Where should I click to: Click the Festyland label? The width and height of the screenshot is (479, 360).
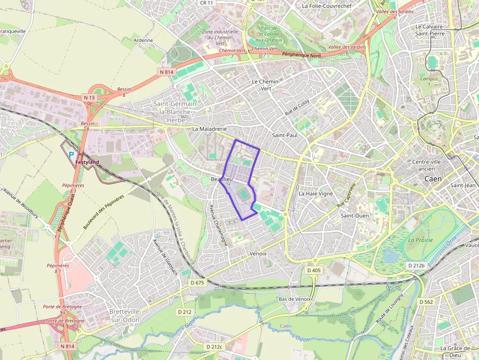(x=87, y=162)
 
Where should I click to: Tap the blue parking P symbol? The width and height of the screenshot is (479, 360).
(x=71, y=155)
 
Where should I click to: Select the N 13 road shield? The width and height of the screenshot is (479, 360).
(x=89, y=98)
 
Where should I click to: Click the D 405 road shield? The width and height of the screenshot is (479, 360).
(x=314, y=270)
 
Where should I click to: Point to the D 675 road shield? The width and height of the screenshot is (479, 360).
(x=197, y=282)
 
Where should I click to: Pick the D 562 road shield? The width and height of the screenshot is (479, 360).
(x=426, y=302)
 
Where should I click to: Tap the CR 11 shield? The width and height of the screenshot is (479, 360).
(x=207, y=3)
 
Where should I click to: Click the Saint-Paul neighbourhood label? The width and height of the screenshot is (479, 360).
(x=284, y=135)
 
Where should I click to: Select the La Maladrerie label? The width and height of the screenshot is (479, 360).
(x=210, y=129)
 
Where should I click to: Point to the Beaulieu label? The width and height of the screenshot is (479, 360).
(x=221, y=180)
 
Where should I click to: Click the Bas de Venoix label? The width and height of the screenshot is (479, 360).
(x=295, y=299)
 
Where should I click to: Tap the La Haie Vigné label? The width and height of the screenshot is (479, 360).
(x=315, y=193)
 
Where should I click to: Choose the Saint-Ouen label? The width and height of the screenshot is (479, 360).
(x=355, y=215)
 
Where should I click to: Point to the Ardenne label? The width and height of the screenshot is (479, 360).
(x=143, y=41)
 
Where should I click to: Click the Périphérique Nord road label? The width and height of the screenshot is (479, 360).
(x=302, y=55)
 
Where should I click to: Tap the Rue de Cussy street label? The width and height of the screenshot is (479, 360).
(x=297, y=107)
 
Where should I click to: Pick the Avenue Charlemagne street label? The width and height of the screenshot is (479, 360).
(x=218, y=225)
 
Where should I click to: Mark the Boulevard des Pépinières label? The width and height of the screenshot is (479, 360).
(x=103, y=212)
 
